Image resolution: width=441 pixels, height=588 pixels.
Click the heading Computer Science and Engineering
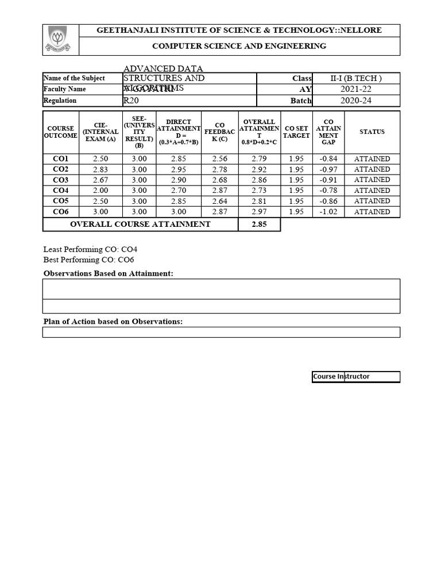pyautogui.click(x=239, y=46)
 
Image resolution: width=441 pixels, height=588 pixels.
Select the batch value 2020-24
pyautogui.click(x=356, y=100)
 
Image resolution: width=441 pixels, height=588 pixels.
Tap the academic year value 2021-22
pyautogui.click(x=356, y=89)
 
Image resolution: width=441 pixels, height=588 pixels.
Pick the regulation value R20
pyautogui.click(x=131, y=100)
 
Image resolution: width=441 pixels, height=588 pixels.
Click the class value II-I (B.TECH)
pyautogui.click(x=356, y=78)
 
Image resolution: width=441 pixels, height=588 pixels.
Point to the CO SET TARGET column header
pyautogui.click(x=297, y=132)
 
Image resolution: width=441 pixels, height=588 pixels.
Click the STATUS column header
pyautogui.click(x=372, y=132)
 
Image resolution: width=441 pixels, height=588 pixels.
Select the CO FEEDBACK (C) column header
pyautogui.click(x=219, y=132)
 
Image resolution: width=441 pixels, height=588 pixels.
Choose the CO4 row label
pyautogui.click(x=60, y=190)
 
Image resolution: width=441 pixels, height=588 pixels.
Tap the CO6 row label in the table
pyautogui.click(x=60, y=212)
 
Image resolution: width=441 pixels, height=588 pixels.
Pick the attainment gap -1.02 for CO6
pyautogui.click(x=328, y=212)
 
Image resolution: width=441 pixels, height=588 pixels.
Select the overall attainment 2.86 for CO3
pyautogui.click(x=259, y=180)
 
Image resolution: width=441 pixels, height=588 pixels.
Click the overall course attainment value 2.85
pyautogui.click(x=259, y=224)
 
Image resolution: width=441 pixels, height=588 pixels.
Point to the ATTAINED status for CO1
pyautogui.click(x=372, y=159)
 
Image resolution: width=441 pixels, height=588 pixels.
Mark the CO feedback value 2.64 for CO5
pyautogui.click(x=219, y=201)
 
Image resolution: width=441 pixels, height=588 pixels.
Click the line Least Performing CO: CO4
pyautogui.click(x=91, y=249)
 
